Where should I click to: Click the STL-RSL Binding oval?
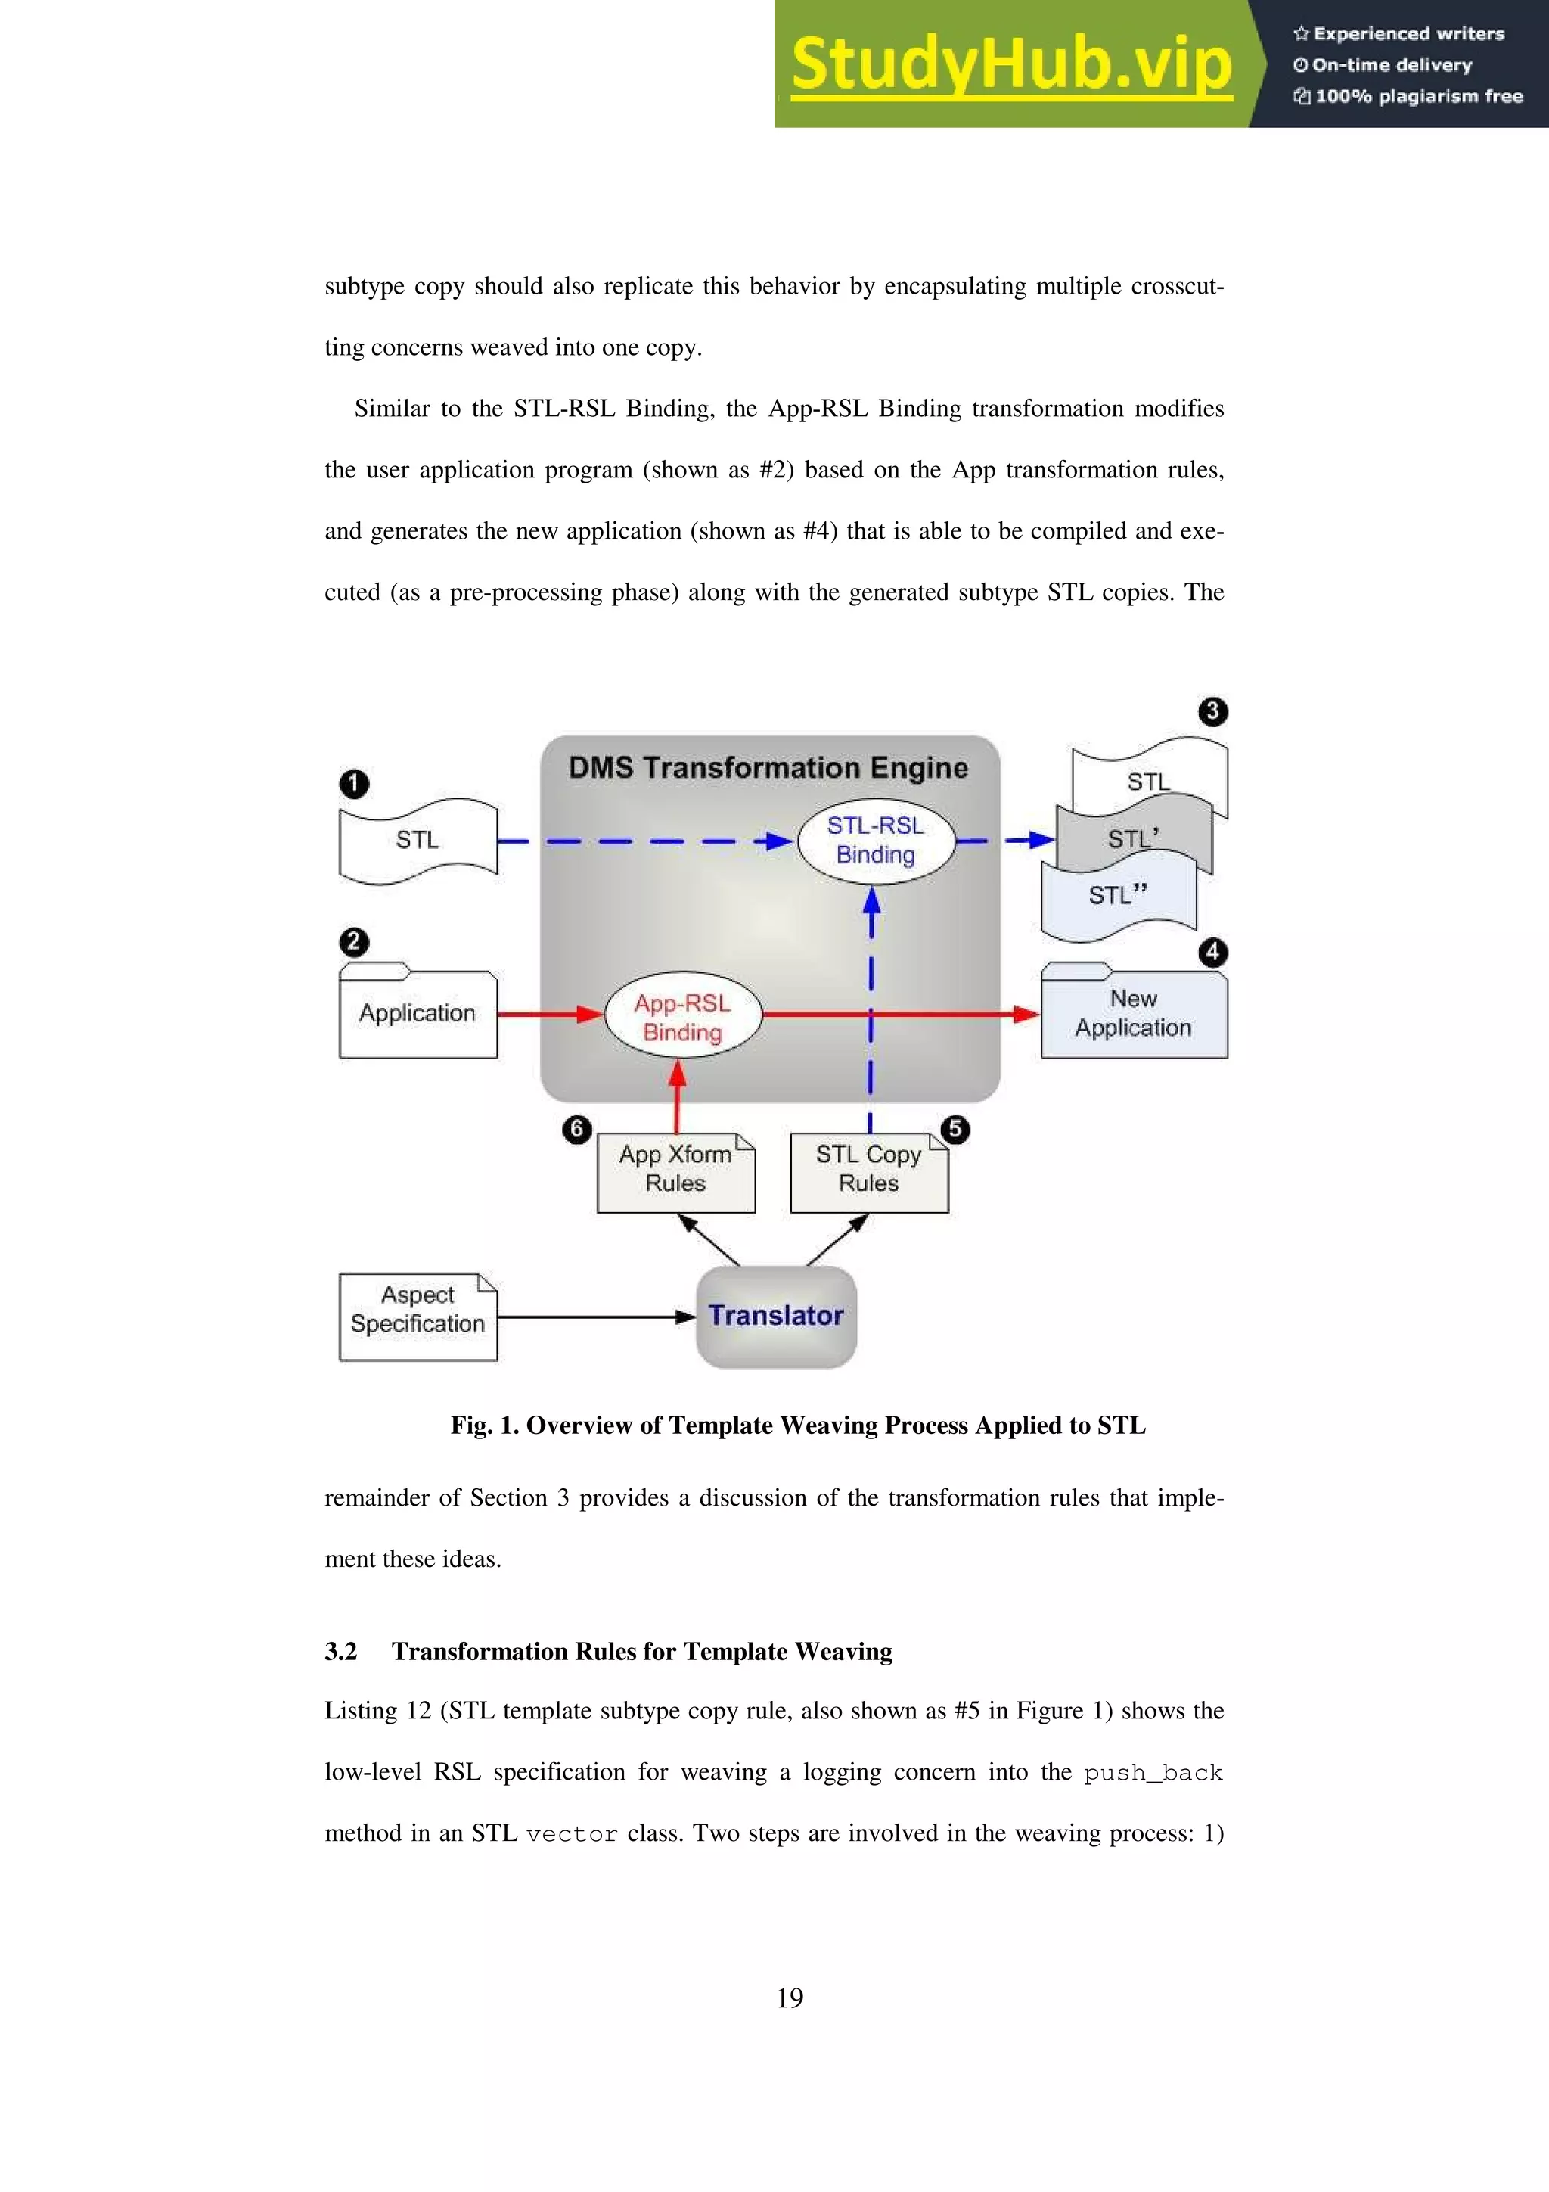point(875,840)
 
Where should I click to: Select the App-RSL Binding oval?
point(682,1017)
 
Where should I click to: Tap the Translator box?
point(776,1316)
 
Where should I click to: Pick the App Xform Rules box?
point(675,1172)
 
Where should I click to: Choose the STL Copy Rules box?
point(868,1172)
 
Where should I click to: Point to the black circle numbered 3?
point(1212,711)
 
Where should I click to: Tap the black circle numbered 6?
point(576,1130)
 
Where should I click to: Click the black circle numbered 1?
point(354,784)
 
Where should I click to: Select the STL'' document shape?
point(1116,897)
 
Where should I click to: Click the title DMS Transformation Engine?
point(768,767)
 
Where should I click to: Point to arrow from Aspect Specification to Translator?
point(597,1317)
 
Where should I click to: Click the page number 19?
point(790,1998)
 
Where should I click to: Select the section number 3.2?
point(340,1652)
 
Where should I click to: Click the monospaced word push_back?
point(1153,1773)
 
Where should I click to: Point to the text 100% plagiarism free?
point(1418,96)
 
